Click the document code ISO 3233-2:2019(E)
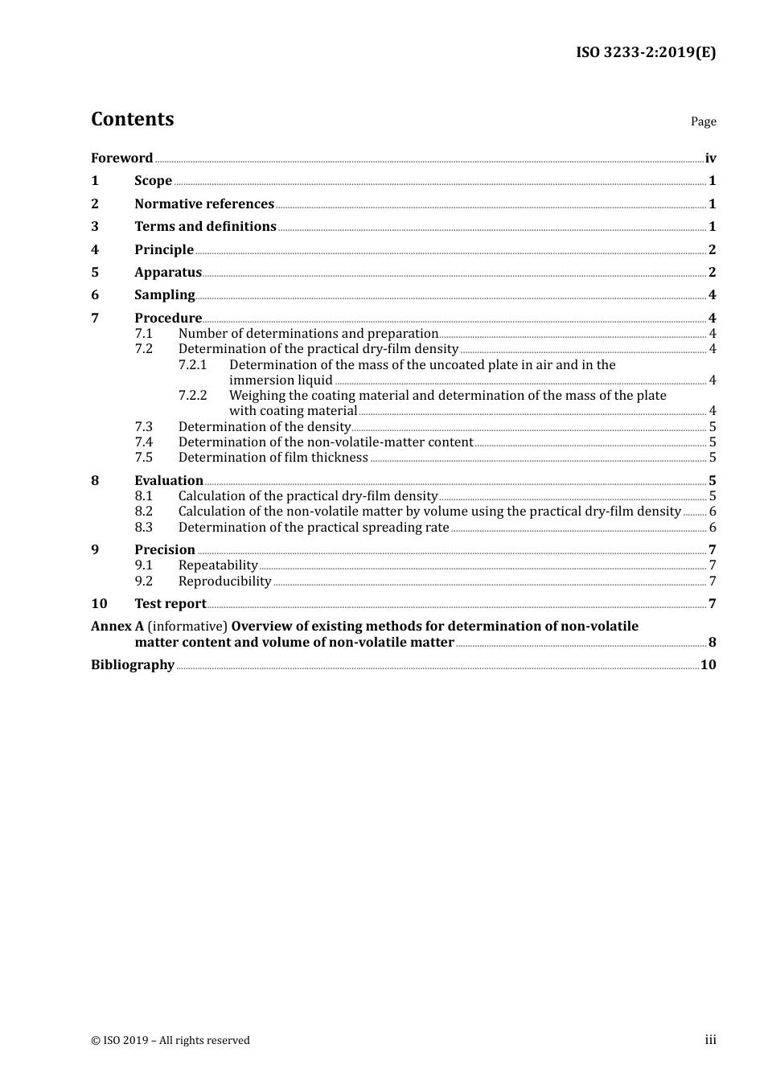tap(645, 53)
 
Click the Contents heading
tap(132, 119)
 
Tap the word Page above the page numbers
tap(703, 121)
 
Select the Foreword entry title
tap(121, 158)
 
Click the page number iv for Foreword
tap(710, 158)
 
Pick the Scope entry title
tap(153, 181)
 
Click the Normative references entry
tap(204, 204)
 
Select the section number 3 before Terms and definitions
tap(95, 227)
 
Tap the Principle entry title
tap(164, 250)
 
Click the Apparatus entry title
tap(168, 273)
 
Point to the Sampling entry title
tap(165, 295)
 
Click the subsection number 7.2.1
tap(192, 365)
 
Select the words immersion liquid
tap(281, 380)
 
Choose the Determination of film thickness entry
tap(273, 458)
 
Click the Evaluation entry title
tap(169, 481)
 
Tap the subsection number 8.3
tap(143, 528)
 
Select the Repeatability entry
tap(218, 565)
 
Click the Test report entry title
tap(170, 604)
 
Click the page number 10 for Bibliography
tap(708, 665)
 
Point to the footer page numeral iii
tap(710, 1040)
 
